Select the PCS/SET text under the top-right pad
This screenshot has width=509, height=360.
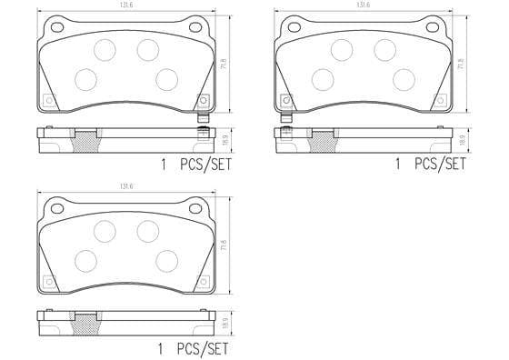441,165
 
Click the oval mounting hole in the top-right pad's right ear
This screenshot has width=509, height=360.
438,27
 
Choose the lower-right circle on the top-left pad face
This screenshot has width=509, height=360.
166,79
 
